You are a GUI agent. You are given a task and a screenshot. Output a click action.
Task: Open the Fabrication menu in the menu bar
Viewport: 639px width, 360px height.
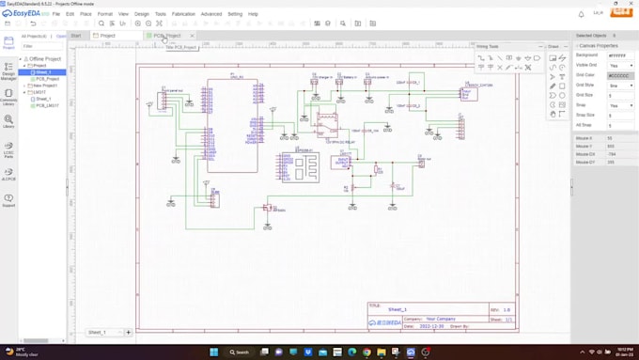[184, 14]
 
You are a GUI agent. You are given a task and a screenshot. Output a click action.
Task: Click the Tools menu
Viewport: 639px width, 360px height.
[161, 14]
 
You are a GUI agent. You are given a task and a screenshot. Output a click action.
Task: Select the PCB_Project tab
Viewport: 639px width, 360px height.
[166, 36]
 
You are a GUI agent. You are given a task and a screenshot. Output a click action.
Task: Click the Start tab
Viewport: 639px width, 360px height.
[76, 36]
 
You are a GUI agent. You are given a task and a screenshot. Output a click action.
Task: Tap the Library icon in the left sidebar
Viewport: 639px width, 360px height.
[8, 122]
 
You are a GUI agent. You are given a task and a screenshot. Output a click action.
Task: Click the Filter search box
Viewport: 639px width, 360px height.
[43, 46]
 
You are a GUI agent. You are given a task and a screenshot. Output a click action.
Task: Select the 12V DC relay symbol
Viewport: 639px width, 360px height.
[326, 123]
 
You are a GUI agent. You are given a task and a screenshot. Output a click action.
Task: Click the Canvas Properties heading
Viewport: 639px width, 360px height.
[598, 45]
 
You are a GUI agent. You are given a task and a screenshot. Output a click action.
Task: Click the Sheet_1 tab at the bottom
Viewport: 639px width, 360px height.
[97, 332]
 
